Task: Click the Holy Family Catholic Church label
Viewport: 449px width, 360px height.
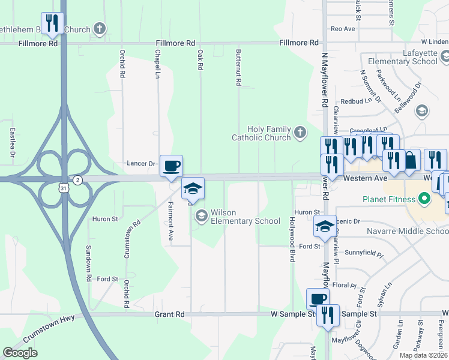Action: pyautogui.click(x=261, y=133)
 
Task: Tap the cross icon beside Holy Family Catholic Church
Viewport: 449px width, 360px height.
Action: pyautogui.click(x=299, y=133)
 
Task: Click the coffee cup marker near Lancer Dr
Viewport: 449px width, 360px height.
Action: pyautogui.click(x=172, y=166)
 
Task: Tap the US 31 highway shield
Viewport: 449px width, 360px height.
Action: pyautogui.click(x=64, y=188)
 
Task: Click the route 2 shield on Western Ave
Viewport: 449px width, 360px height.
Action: pyautogui.click(x=77, y=180)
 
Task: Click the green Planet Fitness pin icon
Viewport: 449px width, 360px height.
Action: pyautogui.click(x=425, y=199)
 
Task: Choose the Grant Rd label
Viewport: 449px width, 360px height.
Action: pyautogui.click(x=169, y=314)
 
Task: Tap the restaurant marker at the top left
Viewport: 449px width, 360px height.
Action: pyautogui.click(x=53, y=23)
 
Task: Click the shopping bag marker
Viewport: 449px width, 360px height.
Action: pyautogui.click(x=411, y=160)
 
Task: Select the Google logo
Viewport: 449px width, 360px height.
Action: pyautogui.click(x=20, y=353)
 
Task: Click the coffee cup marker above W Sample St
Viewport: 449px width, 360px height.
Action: pyautogui.click(x=318, y=299)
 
